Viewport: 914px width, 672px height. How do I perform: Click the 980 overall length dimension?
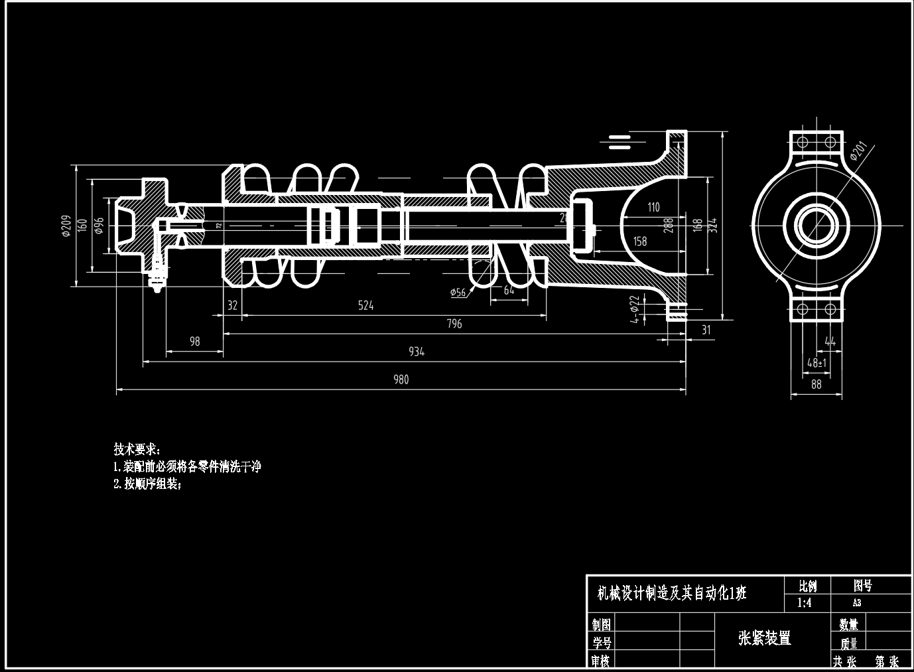401,379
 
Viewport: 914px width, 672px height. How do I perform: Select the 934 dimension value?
416,352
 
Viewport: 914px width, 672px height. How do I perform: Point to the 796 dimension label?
454,324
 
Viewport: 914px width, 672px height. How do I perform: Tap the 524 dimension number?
365,305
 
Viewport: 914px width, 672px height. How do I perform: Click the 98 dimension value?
194,342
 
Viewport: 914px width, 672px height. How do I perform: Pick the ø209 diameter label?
66,226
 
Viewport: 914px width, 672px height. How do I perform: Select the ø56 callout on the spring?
458,292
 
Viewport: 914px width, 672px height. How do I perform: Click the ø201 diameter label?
858,152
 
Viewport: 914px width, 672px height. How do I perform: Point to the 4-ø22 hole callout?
635,309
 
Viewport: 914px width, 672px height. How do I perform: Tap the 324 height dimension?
713,226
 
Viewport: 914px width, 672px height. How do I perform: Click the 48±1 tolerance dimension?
816,363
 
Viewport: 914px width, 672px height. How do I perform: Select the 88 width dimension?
816,384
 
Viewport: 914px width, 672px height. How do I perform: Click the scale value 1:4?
804,603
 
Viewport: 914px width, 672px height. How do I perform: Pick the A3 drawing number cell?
857,603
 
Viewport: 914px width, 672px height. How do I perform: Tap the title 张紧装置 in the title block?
765,639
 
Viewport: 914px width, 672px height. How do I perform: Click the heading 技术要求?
137,449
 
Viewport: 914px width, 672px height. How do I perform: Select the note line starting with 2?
147,484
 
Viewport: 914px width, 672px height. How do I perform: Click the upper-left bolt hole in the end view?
801,142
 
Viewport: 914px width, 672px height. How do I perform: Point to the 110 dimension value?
653,207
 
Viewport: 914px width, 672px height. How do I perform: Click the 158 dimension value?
640,241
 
